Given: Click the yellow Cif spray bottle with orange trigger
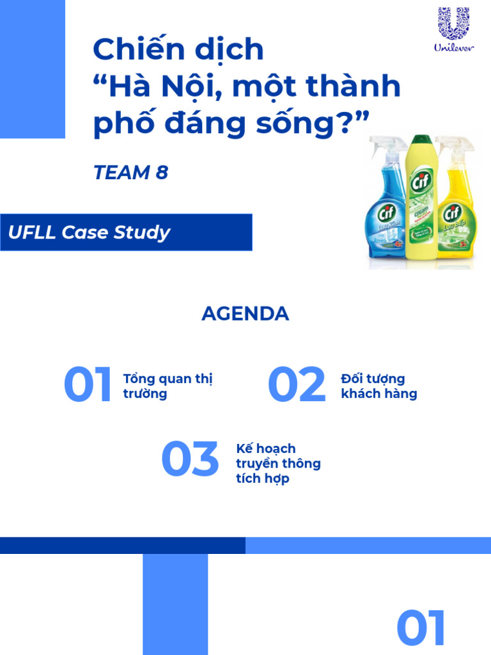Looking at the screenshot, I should (x=455, y=205).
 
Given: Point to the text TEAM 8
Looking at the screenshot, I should (x=130, y=173).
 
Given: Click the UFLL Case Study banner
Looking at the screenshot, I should (x=126, y=232).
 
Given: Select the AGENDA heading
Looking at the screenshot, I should (x=245, y=314).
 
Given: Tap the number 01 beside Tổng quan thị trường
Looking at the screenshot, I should (x=88, y=386).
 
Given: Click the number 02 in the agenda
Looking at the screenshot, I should (x=296, y=386).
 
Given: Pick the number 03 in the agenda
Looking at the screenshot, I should (x=190, y=460).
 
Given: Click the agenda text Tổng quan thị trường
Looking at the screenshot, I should (x=168, y=386).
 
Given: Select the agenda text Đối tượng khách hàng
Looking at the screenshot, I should (x=378, y=386).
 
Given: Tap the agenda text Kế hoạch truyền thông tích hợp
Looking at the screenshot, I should (x=277, y=463).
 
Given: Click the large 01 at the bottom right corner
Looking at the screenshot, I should (x=421, y=628).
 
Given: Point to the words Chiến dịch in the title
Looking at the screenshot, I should (x=178, y=50).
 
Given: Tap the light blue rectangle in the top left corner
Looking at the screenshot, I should (x=32, y=68).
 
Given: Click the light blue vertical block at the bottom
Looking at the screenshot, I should (x=175, y=604).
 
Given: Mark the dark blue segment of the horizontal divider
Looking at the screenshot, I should (x=122, y=545).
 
